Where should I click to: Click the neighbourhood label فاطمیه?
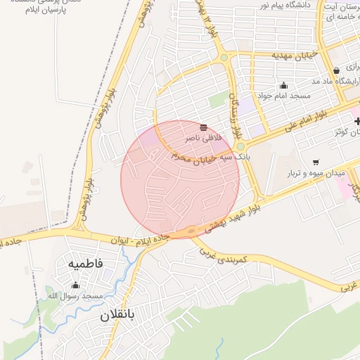point(86,264)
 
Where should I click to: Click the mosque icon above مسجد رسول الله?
point(75,285)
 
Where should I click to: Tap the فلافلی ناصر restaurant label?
point(203,139)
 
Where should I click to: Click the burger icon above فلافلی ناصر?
point(203,127)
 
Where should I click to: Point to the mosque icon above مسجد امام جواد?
point(284,85)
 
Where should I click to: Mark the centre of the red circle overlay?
point(180,179)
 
